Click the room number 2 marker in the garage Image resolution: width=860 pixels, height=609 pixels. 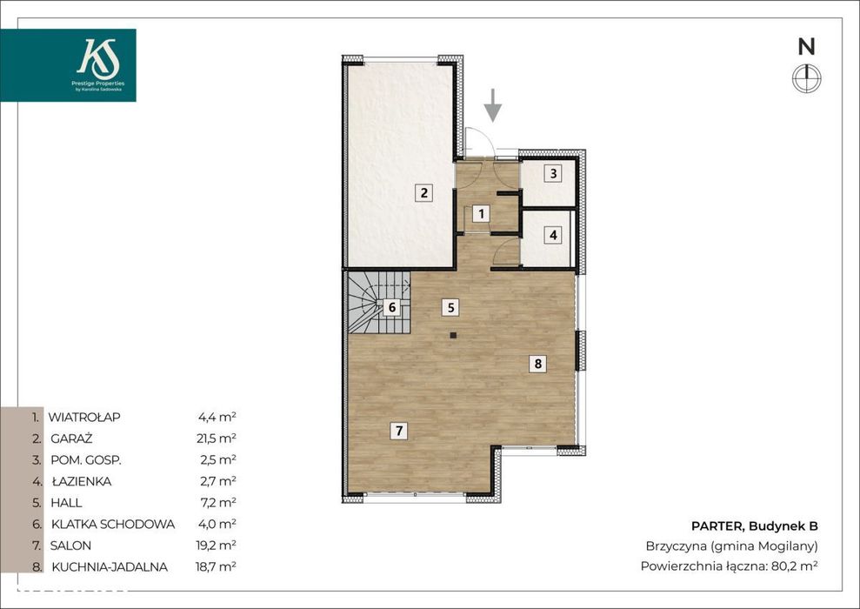pos(423,193)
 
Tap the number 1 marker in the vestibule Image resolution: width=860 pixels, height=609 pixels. pos(481,213)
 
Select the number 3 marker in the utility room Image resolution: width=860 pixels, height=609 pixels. pos(553,173)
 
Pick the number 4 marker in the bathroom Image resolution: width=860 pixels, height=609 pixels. pos(553,235)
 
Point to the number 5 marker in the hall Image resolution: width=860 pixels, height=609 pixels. pos(450,307)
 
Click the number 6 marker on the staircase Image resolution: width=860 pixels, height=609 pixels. pos(391,307)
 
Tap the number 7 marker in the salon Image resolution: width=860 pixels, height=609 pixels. pos(399,431)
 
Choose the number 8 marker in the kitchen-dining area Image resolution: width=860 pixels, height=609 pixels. pos(537,363)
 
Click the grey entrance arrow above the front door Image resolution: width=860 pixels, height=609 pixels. pos(493,104)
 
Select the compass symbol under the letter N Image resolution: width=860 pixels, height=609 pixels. pos(807,78)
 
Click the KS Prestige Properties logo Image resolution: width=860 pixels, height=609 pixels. pos(68,65)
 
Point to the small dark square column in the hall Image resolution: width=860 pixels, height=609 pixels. pos(452,335)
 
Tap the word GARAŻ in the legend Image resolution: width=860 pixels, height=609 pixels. pos(71,438)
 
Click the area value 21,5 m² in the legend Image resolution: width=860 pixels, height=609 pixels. pos(217,438)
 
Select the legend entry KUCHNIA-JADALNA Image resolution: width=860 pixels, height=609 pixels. pos(110,566)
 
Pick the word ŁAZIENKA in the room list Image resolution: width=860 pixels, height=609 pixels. pos(82,481)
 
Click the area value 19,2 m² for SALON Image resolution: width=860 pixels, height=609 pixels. pos(217,545)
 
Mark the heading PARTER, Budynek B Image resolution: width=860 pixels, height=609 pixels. pos(754,526)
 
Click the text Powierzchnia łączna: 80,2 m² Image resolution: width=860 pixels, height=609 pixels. pos(729,565)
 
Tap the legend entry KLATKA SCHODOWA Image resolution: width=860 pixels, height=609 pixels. pos(113,524)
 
